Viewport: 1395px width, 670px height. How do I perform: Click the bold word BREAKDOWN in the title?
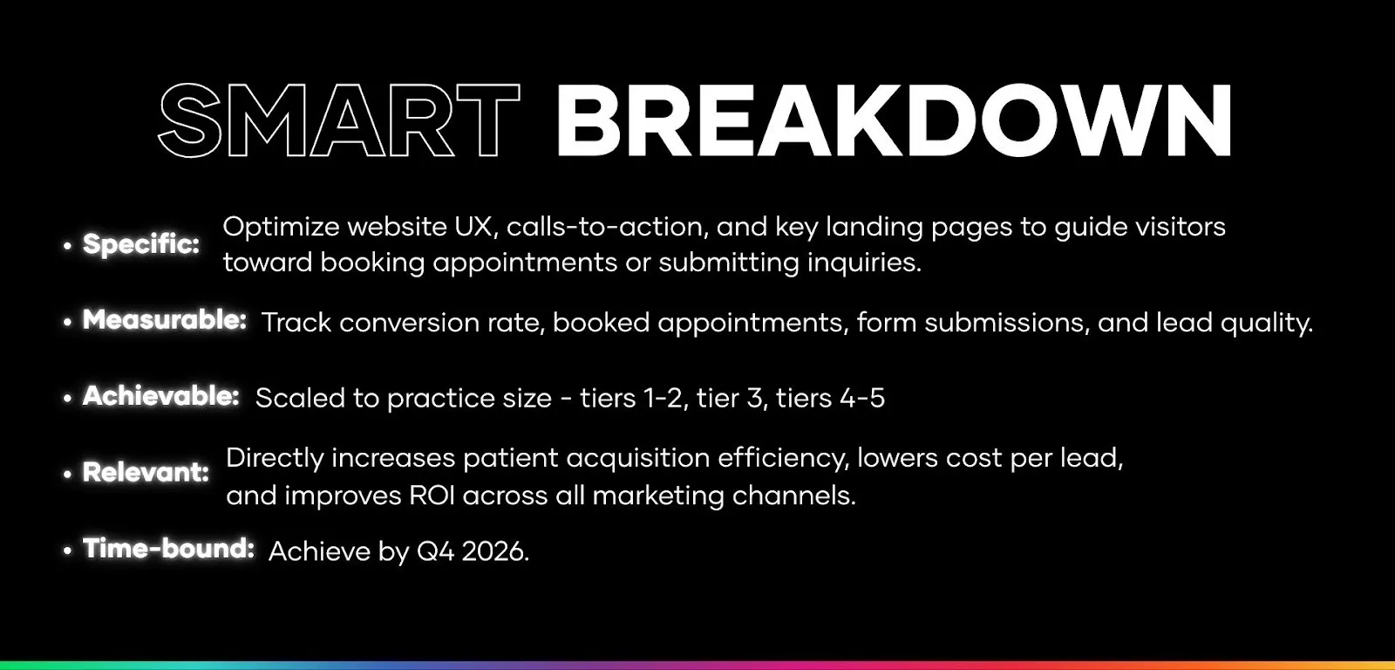click(893, 120)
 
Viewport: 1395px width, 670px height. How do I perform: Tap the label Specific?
click(141, 243)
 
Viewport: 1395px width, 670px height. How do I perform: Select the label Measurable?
click(165, 320)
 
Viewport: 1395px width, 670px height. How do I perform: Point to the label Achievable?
click(161, 396)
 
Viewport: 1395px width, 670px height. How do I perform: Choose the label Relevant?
click(146, 472)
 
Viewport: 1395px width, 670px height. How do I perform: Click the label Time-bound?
click(168, 549)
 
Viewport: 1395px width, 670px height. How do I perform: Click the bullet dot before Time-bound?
click(68, 551)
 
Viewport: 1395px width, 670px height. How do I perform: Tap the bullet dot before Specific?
click(68, 247)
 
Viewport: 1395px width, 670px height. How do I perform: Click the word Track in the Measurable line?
click(296, 323)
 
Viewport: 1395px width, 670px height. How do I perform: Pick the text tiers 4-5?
click(830, 398)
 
